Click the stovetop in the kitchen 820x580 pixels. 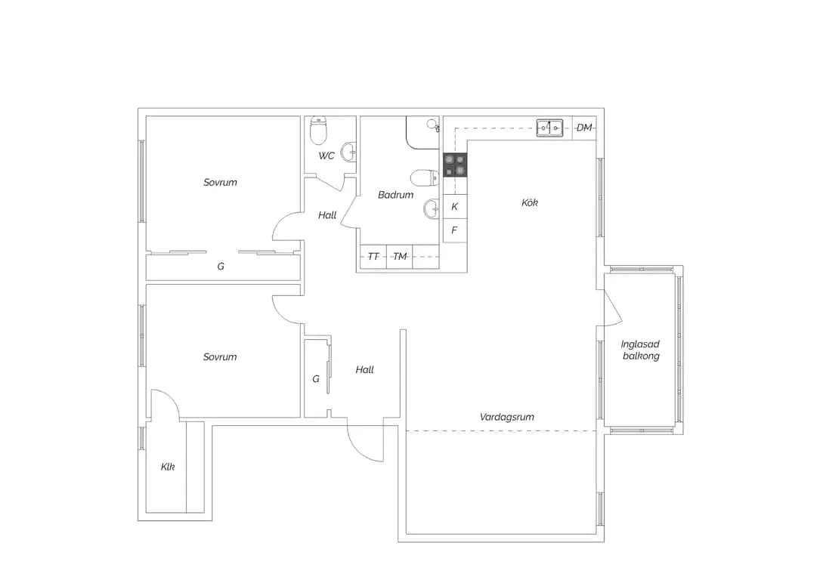click(455, 165)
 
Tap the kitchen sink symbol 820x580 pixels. click(549, 128)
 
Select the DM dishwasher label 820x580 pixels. click(584, 128)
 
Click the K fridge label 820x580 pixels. click(454, 206)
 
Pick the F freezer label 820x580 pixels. click(454, 230)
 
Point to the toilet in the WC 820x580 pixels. click(318, 131)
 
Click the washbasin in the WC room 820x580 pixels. click(349, 153)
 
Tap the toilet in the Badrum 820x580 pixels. click(425, 178)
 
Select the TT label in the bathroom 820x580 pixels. click(373, 257)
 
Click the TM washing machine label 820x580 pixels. click(400, 257)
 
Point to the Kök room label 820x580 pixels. click(530, 202)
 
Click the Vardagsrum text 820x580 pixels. click(507, 417)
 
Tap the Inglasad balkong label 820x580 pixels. click(641, 350)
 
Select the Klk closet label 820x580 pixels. click(168, 467)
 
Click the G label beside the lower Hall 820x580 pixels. click(316, 379)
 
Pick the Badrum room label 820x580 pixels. click(395, 195)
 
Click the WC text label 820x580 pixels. click(326, 156)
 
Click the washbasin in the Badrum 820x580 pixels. click(432, 209)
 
